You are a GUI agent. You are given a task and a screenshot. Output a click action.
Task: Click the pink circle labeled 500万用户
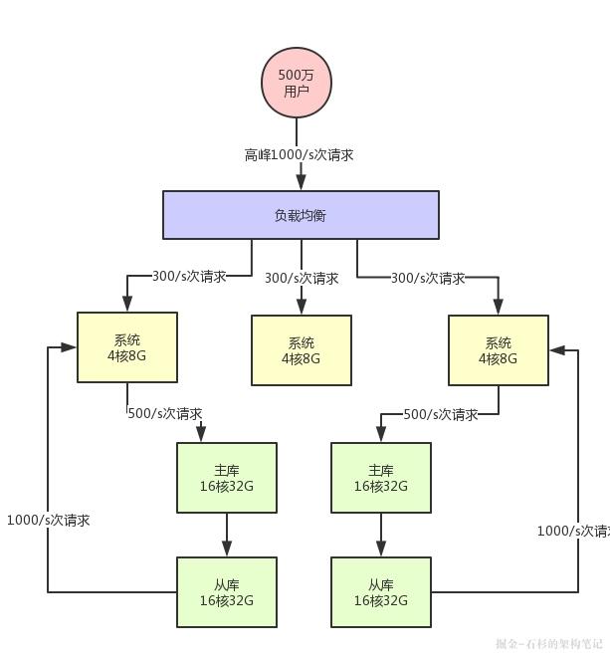[x=296, y=83]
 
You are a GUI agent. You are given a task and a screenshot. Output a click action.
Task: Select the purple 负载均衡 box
[x=301, y=215]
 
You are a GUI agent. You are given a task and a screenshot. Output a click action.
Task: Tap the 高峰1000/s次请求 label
[x=299, y=155]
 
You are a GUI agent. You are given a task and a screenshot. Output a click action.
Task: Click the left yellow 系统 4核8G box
[x=127, y=347]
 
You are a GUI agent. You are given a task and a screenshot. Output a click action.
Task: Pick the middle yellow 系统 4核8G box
[x=301, y=350]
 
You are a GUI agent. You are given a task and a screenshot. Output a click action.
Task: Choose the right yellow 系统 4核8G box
[x=498, y=350]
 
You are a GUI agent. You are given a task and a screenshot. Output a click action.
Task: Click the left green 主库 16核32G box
[x=226, y=478]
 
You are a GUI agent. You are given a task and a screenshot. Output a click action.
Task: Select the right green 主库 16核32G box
[x=380, y=478]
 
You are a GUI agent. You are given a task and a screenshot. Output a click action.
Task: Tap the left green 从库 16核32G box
[x=226, y=592]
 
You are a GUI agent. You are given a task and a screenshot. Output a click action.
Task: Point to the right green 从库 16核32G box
[x=380, y=592]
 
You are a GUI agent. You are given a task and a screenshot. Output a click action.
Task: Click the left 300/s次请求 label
[x=188, y=276]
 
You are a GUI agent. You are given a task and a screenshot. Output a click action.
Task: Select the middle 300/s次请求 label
[x=301, y=279]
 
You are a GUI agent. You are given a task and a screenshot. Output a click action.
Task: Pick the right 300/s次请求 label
[x=427, y=279]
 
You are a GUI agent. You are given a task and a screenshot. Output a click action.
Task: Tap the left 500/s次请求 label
[x=164, y=413]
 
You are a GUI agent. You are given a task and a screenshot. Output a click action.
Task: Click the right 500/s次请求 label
[x=440, y=414]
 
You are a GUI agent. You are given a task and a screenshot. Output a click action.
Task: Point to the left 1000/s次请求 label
[x=48, y=520]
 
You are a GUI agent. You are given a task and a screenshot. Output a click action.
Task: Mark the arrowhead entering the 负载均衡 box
[x=301, y=183]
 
